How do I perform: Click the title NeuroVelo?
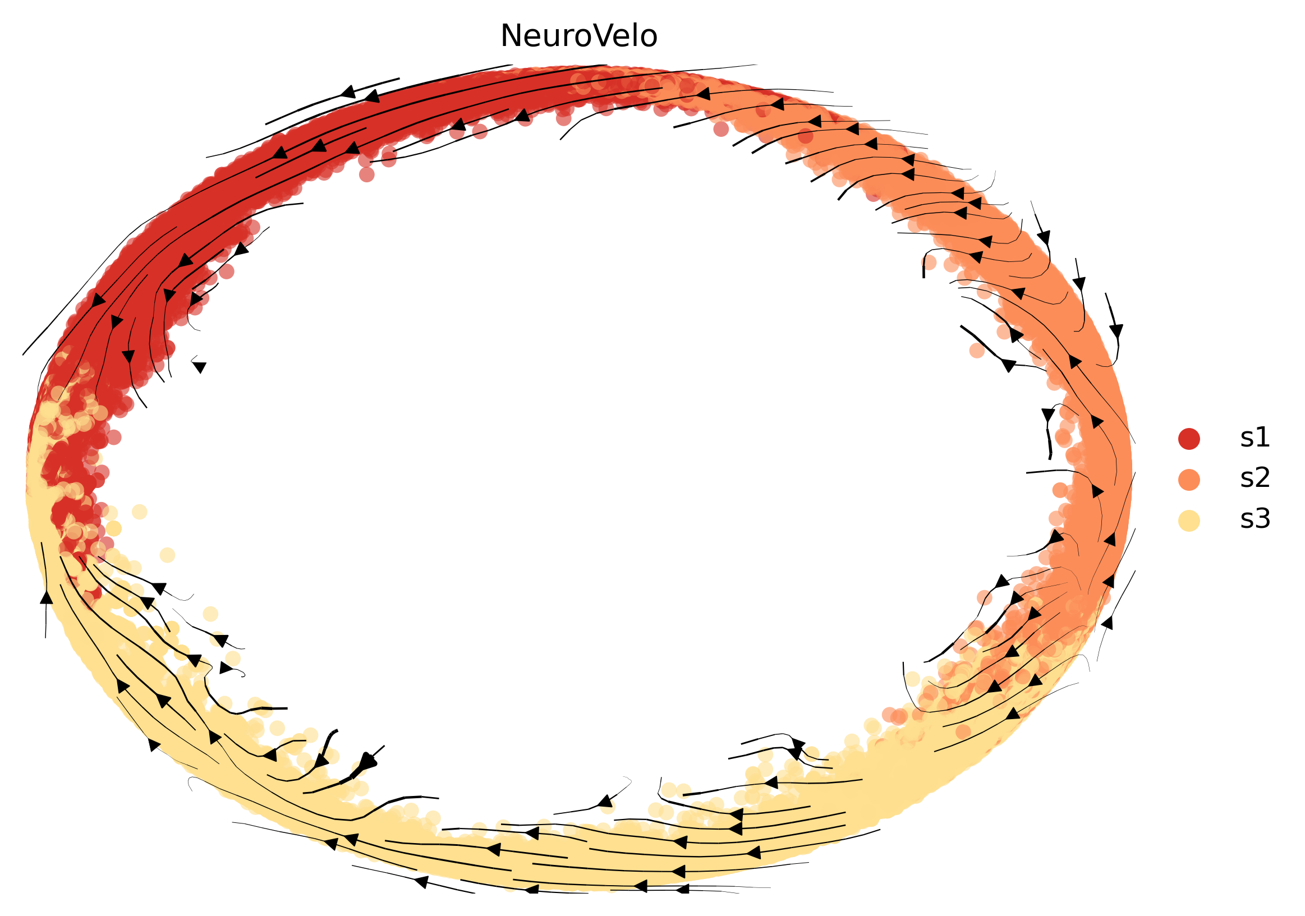[578, 36]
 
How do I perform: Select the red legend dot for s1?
[1188, 439]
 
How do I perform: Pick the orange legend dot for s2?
[1188, 480]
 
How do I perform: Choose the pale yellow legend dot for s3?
[1188, 521]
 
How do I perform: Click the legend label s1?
[1255, 438]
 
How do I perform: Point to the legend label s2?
[1255, 478]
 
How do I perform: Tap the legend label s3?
[1255, 519]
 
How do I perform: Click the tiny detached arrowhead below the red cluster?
[199, 367]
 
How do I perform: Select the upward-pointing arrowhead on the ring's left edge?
[47, 597]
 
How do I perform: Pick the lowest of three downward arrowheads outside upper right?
[1116, 330]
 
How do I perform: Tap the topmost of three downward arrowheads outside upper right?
[1044, 236]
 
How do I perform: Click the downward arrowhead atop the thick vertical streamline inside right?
[1048, 415]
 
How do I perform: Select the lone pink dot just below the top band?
[721, 129]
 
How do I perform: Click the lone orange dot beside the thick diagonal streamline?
[976, 350]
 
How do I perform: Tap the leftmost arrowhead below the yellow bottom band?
[421, 881]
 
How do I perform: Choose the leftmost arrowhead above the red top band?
[348, 91]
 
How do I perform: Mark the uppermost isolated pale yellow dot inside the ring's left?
[139, 512]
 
